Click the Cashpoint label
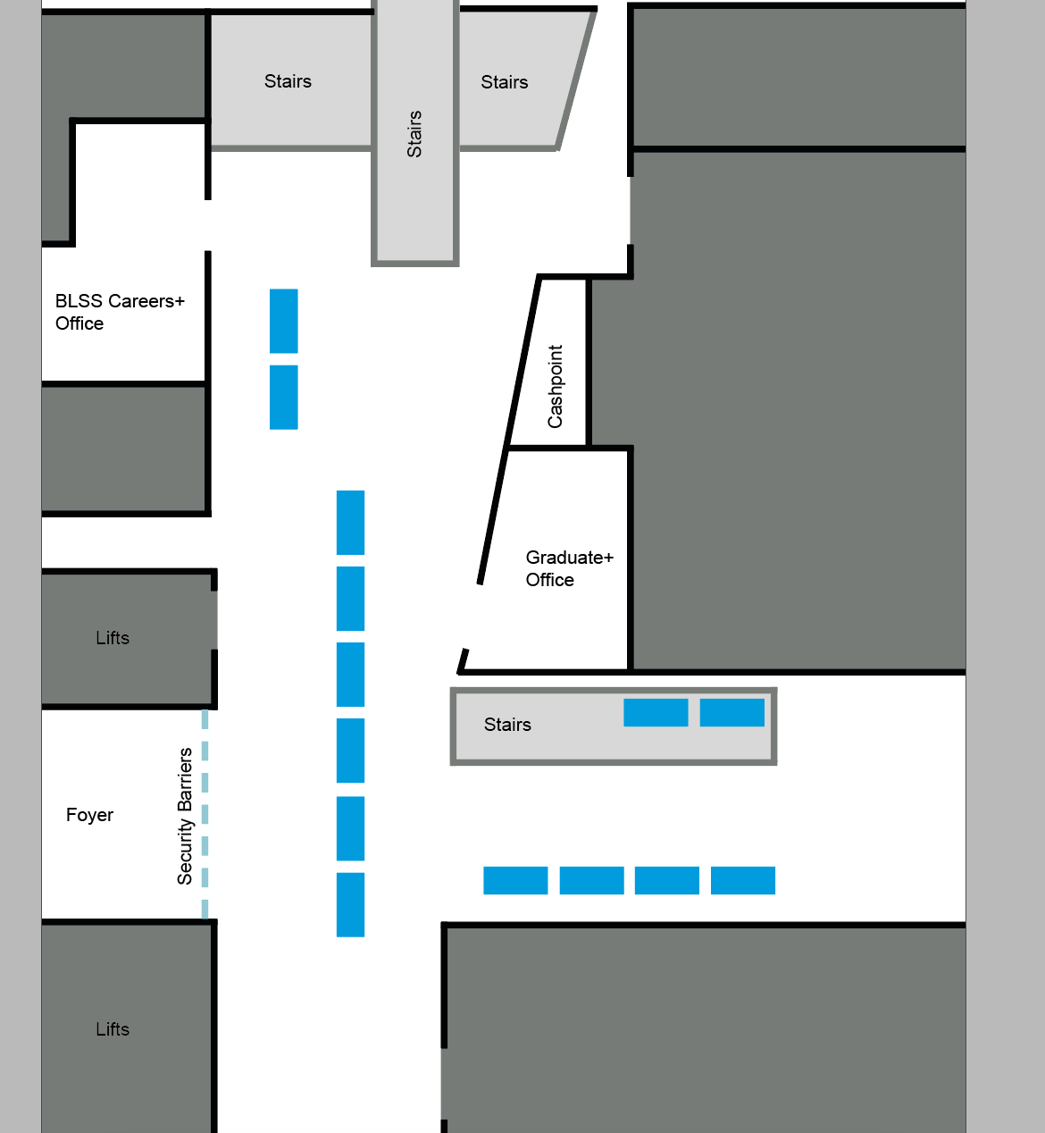click(x=555, y=386)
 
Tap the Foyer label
click(x=89, y=815)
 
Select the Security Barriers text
click(x=185, y=816)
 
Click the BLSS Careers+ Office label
click(x=120, y=312)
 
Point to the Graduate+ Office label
click(x=569, y=568)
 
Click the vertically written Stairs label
click(x=414, y=134)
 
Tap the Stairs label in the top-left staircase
click(x=288, y=81)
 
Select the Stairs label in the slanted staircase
click(x=505, y=81)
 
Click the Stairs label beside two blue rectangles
click(x=507, y=724)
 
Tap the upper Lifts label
click(x=113, y=637)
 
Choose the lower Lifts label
click(x=113, y=1028)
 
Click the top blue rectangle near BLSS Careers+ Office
click(x=283, y=321)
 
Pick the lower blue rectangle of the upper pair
click(x=283, y=397)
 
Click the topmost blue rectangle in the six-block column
click(x=350, y=523)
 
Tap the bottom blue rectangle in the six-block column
click(x=350, y=905)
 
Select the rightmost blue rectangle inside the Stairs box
click(x=731, y=712)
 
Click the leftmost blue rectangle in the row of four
click(x=515, y=880)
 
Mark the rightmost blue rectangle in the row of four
click(x=743, y=880)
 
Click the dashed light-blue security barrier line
click(x=205, y=814)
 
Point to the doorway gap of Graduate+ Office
click(x=472, y=617)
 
